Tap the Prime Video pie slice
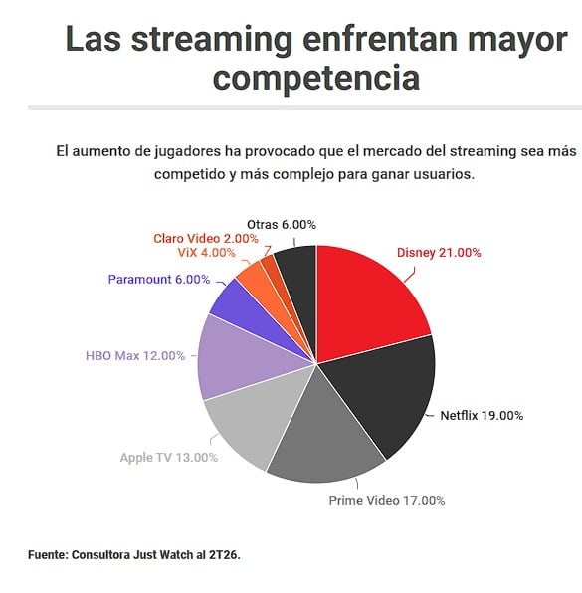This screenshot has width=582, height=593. point(325,435)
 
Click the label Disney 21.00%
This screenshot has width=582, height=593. point(439,253)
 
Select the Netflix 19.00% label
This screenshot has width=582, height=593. point(482,416)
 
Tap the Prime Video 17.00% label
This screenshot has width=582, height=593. point(387,501)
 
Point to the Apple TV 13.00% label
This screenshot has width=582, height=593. point(169,458)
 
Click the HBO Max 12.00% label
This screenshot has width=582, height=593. point(135,356)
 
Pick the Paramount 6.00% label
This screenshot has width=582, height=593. point(159,280)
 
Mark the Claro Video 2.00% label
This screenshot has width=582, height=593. point(206,238)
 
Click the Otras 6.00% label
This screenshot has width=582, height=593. point(282,225)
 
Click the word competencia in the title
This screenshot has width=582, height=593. point(316,78)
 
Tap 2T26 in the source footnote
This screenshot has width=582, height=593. point(225,555)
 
